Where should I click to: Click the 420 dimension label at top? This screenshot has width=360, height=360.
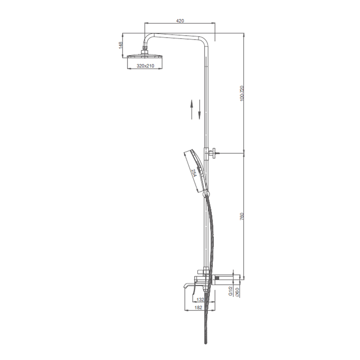coord(180,21)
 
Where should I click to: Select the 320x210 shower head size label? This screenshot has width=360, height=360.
coord(145,66)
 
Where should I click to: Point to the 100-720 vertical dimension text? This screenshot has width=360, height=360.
coord(242,93)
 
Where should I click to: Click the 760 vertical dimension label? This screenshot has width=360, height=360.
coord(242,217)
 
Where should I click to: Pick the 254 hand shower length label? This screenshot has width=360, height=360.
coord(194,173)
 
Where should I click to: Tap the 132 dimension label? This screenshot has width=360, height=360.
coord(201,300)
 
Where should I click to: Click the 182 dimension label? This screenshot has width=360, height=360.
coord(198,307)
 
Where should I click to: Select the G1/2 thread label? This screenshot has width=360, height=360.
coord(231,291)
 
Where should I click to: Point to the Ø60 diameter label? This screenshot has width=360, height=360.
coord(237,292)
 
